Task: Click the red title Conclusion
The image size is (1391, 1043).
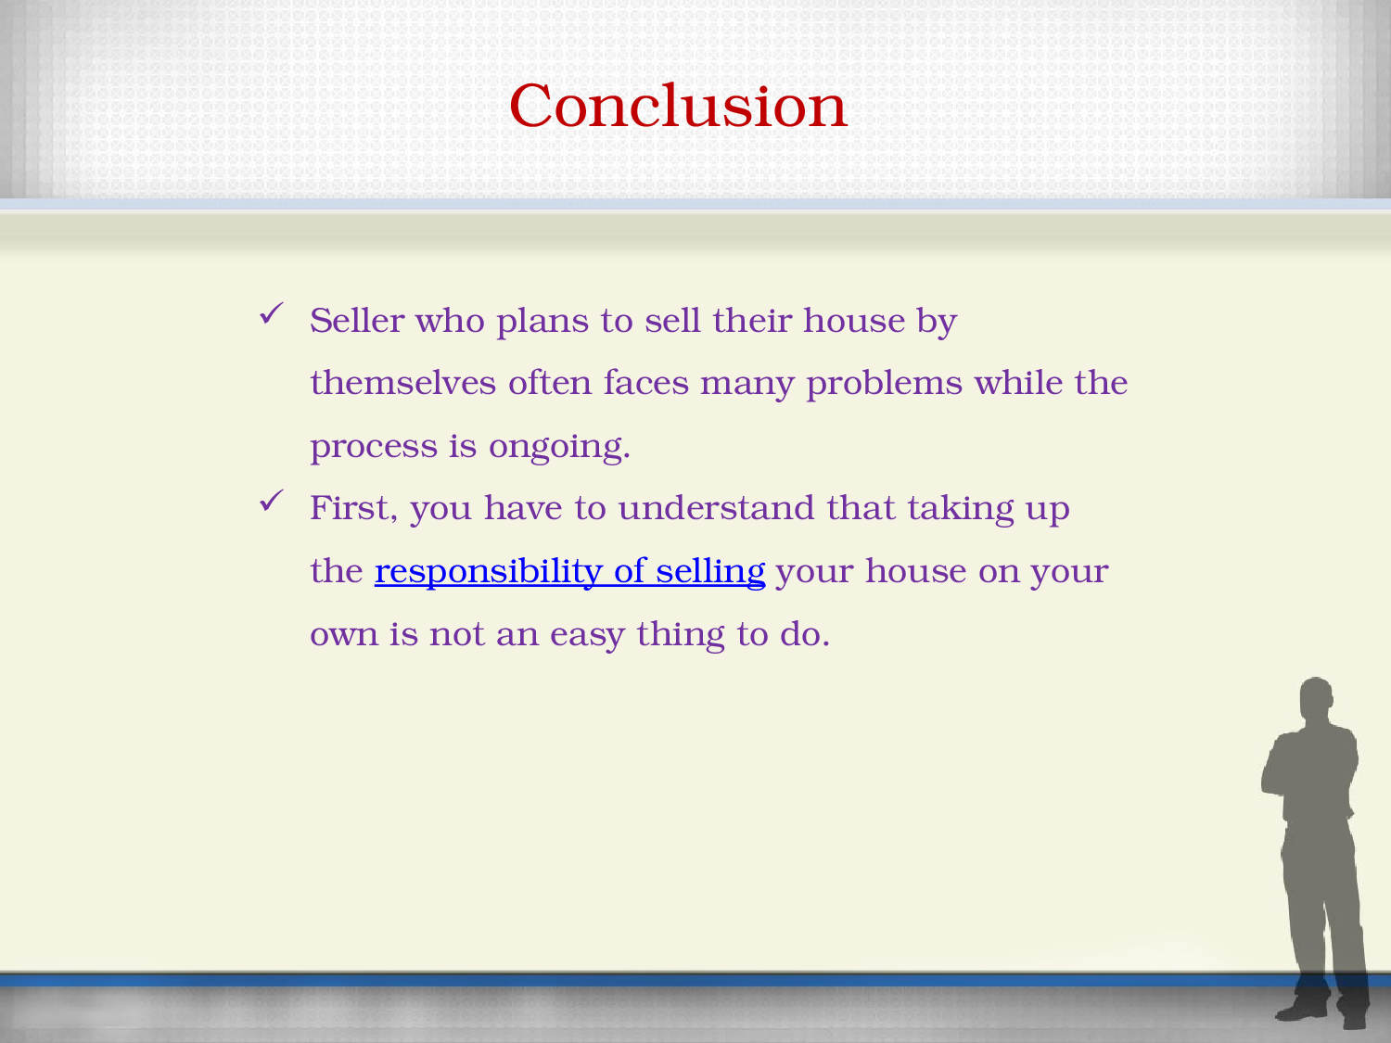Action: coord(678,106)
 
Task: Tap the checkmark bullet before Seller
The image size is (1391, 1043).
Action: coord(271,313)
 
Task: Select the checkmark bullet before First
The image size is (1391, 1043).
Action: coord(271,501)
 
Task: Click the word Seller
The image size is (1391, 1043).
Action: coord(357,321)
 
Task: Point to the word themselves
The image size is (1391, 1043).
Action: coord(403,383)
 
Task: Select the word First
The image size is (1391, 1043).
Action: coord(353,508)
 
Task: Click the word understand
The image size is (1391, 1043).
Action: coord(716,508)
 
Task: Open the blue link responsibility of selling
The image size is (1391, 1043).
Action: coord(569,572)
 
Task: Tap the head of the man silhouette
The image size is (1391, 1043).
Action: coord(1316,698)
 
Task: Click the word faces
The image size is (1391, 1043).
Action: coord(645,383)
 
